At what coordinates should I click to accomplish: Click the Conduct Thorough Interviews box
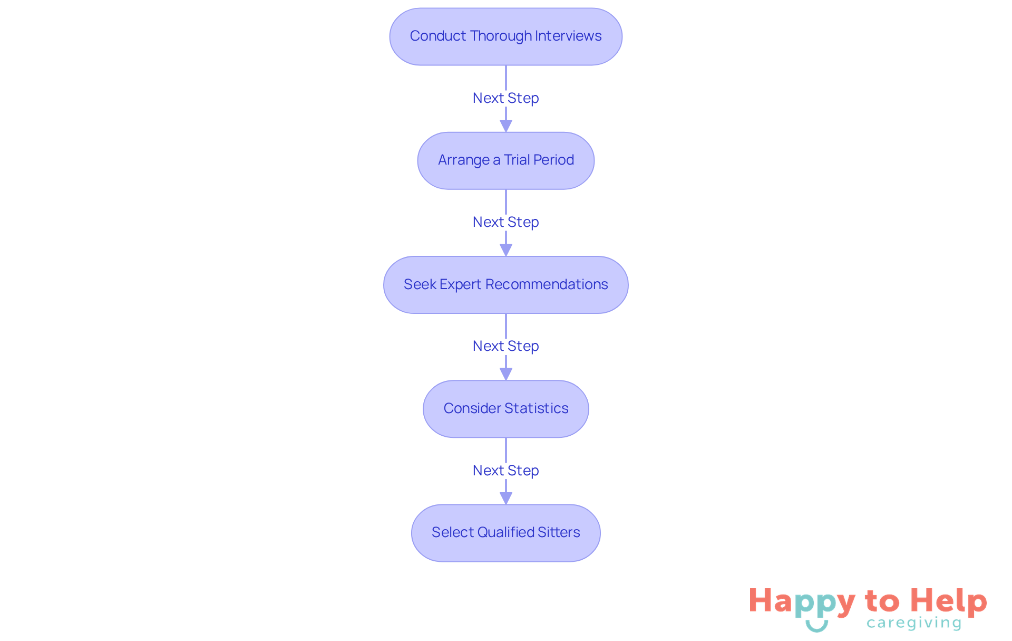[x=505, y=36]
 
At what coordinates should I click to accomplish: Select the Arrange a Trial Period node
[x=505, y=160]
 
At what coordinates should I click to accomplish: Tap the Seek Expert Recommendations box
[x=505, y=285]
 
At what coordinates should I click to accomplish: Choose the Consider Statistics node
[x=505, y=409]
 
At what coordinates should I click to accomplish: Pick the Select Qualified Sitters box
[x=505, y=533]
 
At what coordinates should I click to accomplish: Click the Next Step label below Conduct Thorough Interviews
[x=505, y=98]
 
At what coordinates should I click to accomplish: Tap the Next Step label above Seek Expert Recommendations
[x=505, y=222]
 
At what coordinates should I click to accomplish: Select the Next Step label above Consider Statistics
[x=505, y=346]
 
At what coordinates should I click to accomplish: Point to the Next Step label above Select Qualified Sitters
[x=505, y=471]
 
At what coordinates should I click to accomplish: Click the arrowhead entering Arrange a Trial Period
[x=505, y=126]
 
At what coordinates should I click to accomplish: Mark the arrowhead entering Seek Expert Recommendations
[x=505, y=250]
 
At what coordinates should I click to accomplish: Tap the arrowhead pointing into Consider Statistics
[x=505, y=374]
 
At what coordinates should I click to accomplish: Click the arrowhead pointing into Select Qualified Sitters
[x=505, y=498]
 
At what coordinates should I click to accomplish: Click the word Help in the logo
[x=949, y=601]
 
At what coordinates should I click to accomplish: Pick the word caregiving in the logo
[x=914, y=623]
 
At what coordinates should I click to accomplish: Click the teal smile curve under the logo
[x=816, y=627]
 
